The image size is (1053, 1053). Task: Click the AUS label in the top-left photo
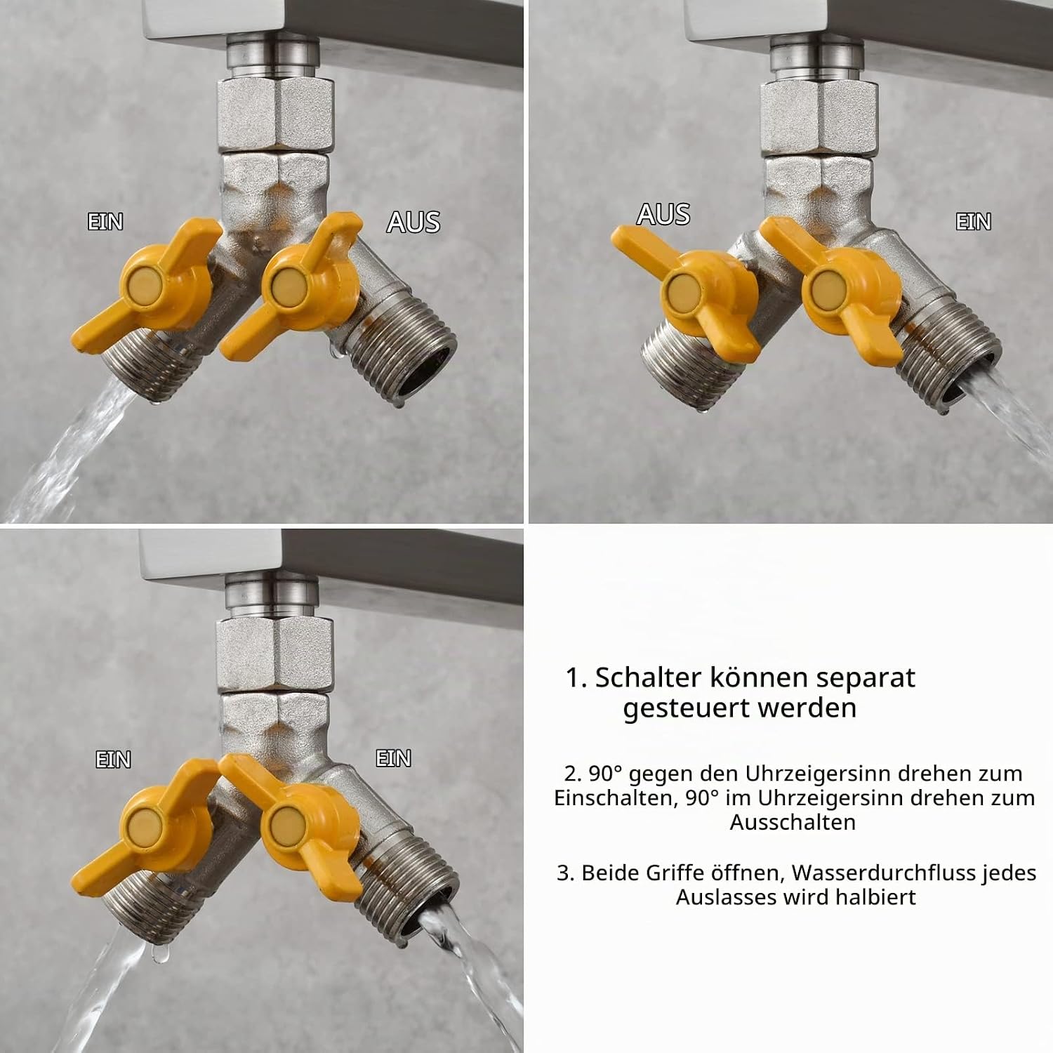(x=413, y=222)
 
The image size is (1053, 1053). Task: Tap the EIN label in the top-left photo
(x=105, y=222)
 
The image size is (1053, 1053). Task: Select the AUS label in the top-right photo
(x=663, y=214)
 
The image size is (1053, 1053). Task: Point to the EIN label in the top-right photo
(x=974, y=222)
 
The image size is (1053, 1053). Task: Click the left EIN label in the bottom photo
(x=113, y=760)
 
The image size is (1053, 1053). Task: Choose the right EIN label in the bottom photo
(x=394, y=758)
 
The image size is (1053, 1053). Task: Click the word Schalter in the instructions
(x=647, y=678)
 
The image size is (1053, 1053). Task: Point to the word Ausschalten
(x=793, y=822)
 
